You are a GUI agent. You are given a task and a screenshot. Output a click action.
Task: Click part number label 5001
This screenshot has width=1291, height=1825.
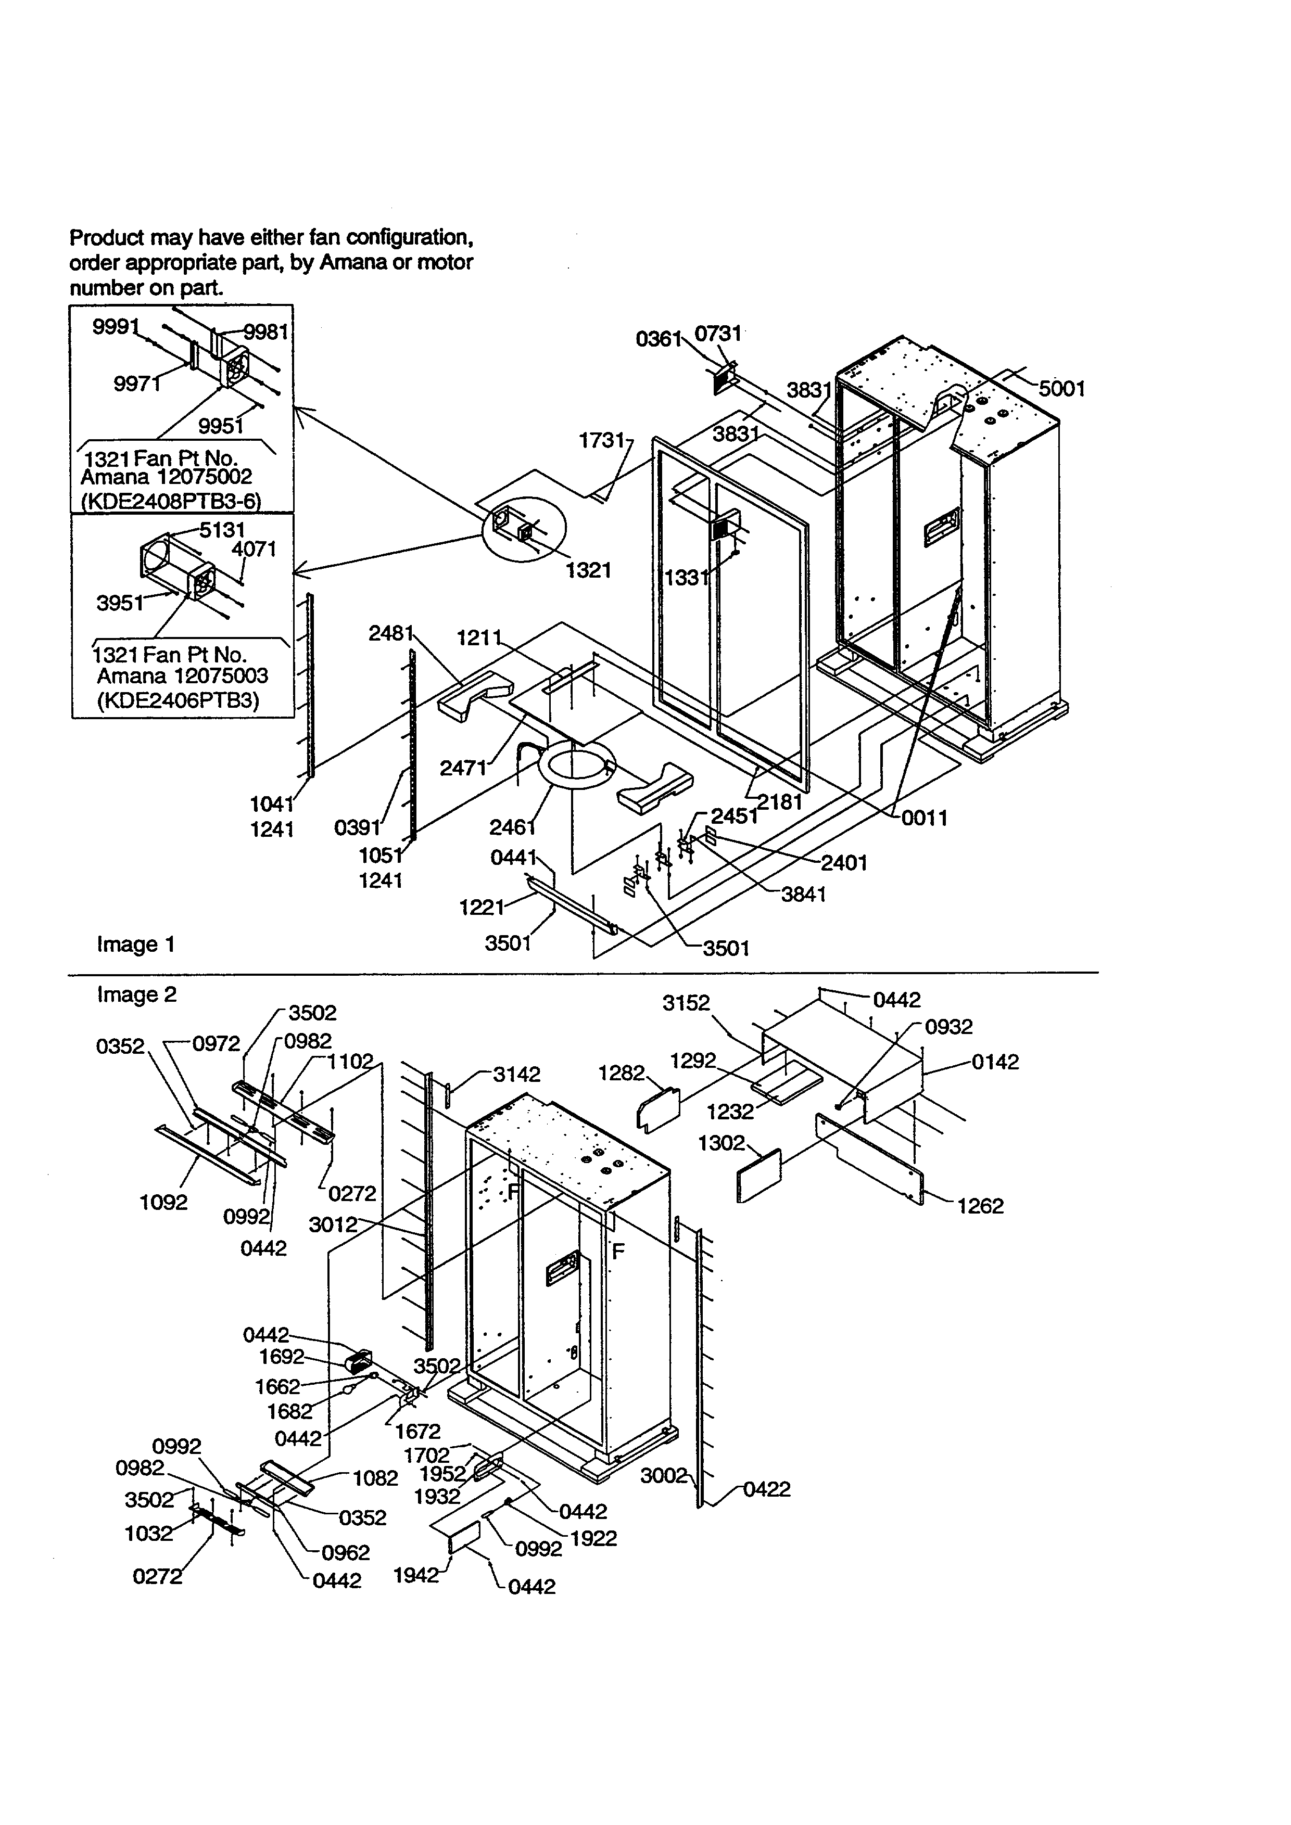[x=1061, y=389]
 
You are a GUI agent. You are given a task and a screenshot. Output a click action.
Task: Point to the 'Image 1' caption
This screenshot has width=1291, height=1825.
[x=135, y=945]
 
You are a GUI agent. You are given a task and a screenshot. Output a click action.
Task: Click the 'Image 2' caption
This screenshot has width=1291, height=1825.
[x=137, y=994]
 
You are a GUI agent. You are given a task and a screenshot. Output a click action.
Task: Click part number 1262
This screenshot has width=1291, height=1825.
[x=980, y=1228]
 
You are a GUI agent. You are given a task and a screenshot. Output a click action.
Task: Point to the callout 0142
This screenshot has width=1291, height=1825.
[x=994, y=1062]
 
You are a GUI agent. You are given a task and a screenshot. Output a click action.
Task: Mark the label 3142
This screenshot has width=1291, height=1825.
[x=517, y=1075]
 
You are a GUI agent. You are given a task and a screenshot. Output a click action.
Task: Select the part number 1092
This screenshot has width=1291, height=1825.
[x=164, y=1202]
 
